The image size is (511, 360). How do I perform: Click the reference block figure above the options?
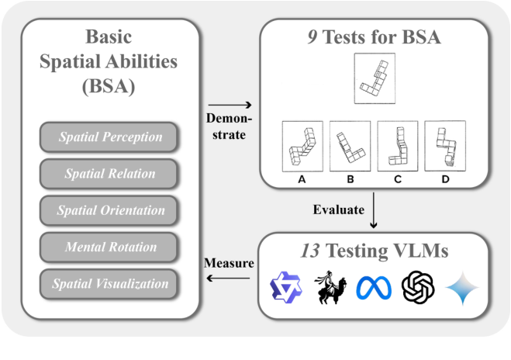point(374,78)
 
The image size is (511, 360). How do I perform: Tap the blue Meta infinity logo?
point(375,289)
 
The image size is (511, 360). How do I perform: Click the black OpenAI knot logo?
point(419,289)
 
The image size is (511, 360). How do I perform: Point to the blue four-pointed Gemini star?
point(463,289)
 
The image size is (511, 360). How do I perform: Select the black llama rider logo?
point(331,287)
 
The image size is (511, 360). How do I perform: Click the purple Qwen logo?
point(286,289)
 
